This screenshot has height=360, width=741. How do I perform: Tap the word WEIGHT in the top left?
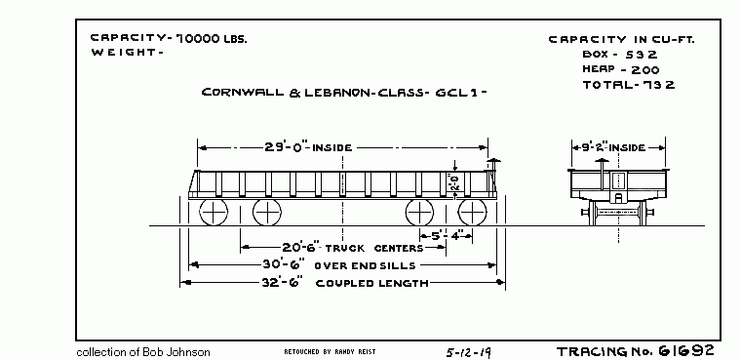(125, 53)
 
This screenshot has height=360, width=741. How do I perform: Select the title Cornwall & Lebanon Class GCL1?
(343, 94)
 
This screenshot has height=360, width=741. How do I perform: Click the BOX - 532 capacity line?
(619, 55)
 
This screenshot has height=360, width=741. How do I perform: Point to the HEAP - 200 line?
(621, 69)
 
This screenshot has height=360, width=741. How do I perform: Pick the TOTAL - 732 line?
(628, 85)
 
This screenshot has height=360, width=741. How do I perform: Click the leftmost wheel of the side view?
(214, 213)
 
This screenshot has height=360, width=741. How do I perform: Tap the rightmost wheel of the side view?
(472, 213)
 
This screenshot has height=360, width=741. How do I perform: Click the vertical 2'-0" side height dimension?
(453, 182)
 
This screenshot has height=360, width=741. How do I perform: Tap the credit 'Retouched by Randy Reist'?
(329, 350)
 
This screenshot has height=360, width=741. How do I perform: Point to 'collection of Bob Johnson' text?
(143, 351)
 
